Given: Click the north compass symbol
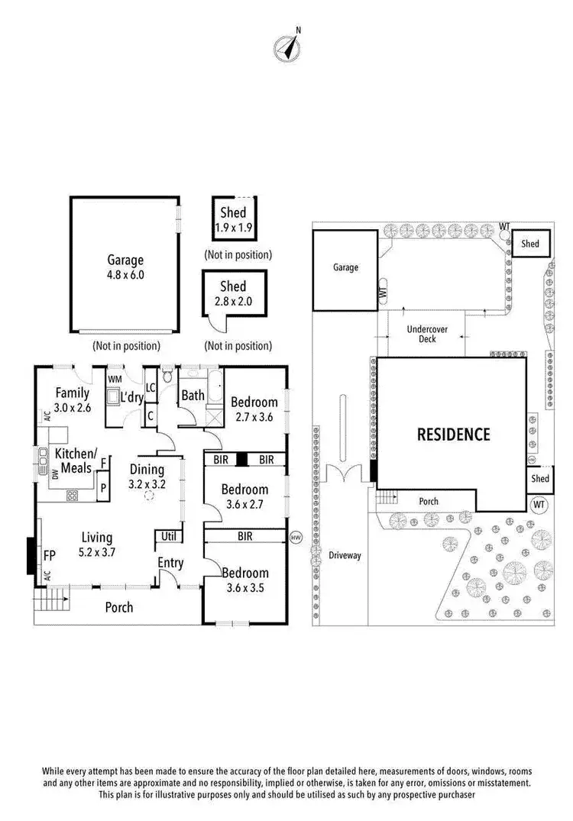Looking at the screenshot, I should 286,48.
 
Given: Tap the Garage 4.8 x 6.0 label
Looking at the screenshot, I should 125,267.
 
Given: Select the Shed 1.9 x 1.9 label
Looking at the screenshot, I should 233,219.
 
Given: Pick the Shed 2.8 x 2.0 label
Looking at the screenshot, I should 233,293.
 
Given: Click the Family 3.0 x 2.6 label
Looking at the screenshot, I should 73,400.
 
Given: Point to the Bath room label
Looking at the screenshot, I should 192,396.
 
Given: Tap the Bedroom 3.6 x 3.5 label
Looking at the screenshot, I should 244,580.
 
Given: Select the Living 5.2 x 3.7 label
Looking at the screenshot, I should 98,545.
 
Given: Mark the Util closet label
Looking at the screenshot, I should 168,537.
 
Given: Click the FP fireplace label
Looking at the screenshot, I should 50,555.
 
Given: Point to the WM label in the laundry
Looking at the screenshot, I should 115,379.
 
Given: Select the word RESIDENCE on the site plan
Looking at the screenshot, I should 453,435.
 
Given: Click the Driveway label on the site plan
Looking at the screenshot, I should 345,555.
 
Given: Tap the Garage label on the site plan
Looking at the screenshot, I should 345,268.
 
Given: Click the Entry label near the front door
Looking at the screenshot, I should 170,563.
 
